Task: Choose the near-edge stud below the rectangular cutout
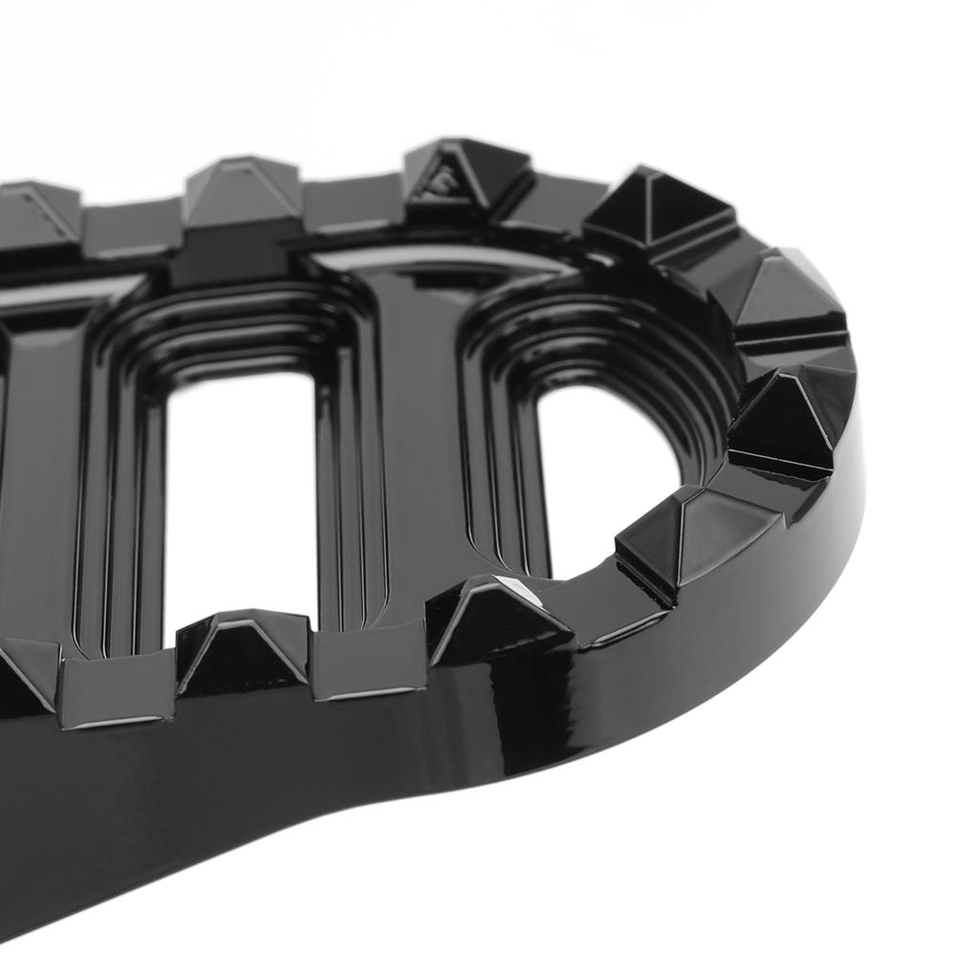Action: coord(244,650)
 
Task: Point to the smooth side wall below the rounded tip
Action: coord(765,612)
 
